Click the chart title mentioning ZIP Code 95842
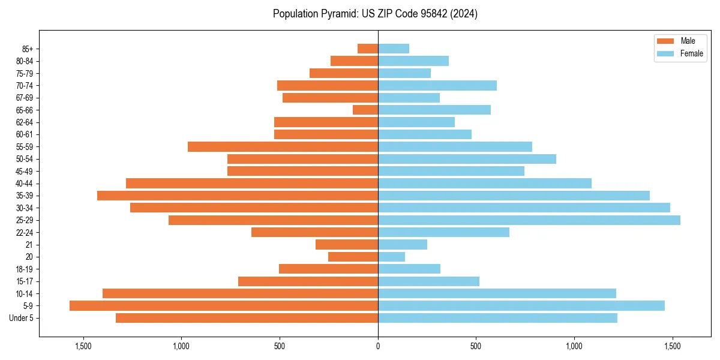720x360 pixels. click(375, 14)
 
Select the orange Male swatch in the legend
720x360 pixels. click(665, 41)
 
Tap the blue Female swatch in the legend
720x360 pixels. click(665, 53)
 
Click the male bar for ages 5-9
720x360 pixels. click(224, 306)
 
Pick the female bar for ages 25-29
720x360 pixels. click(529, 220)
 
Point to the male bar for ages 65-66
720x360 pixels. click(365, 110)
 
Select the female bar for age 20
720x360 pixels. click(391, 257)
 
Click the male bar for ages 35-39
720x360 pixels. click(238, 196)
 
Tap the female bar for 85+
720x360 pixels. click(394, 49)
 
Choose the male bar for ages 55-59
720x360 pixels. click(283, 147)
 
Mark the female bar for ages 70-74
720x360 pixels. click(437, 85)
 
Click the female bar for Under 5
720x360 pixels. click(497, 318)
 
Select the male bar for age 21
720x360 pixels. click(347, 245)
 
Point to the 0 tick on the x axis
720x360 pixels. click(378, 346)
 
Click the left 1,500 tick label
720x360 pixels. click(83, 346)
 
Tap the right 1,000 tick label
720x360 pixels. click(574, 346)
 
